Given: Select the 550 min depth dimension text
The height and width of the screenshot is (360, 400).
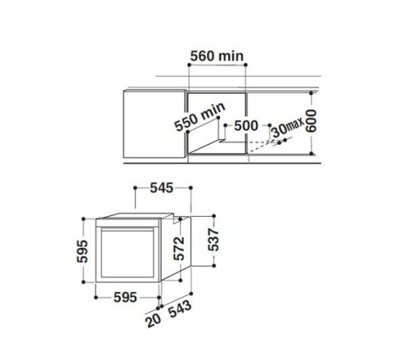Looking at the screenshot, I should tap(196, 122).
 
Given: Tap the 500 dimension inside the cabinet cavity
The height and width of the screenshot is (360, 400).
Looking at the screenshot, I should tap(246, 126).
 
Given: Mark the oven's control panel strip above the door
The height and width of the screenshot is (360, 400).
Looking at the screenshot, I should tap(131, 222).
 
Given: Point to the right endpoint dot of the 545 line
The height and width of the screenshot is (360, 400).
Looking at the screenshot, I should tap(192, 189).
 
